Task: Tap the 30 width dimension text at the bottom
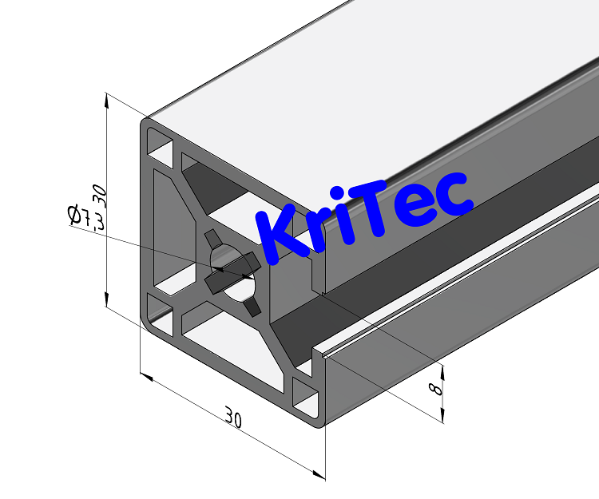point(233,417)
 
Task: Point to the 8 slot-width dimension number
point(434,389)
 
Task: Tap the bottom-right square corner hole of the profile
point(305,396)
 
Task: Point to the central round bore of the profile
point(232,271)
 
